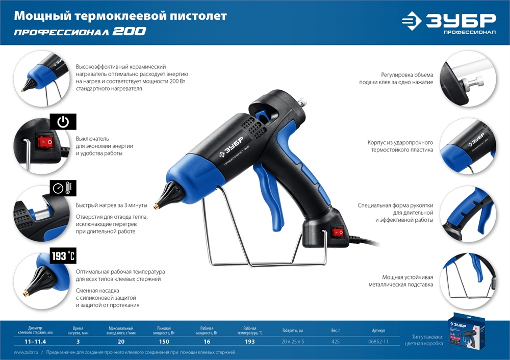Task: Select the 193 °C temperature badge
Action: pyautogui.click(x=63, y=256)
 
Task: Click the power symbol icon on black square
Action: pyautogui.click(x=63, y=122)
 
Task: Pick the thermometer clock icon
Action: pyautogui.click(x=63, y=188)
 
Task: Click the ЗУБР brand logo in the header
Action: pyautogui.click(x=449, y=22)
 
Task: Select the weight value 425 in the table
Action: pyautogui.click(x=335, y=341)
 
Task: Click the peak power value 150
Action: pyautogui.click(x=164, y=341)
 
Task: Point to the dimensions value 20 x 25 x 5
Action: pyautogui.click(x=293, y=341)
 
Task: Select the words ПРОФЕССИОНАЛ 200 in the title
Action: pyautogui.click(x=80, y=32)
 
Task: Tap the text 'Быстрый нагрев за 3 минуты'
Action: pyautogui.click(x=111, y=205)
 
